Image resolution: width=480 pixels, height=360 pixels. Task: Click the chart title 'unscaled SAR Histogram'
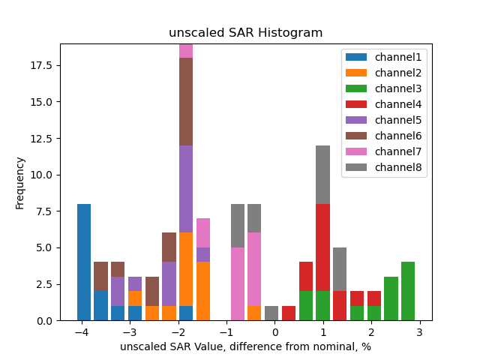pos(245,33)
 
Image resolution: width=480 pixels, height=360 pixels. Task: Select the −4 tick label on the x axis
pos(82,332)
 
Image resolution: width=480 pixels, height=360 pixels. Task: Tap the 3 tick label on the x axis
pos(420,332)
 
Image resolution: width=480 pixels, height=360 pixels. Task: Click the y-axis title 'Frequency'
pos(20,182)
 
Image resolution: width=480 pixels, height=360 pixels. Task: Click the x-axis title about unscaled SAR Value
pos(245,346)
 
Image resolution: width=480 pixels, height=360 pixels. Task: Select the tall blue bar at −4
pos(84,262)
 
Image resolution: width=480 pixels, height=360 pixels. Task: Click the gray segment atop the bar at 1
pos(323,175)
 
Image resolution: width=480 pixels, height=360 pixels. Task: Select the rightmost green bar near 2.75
pos(407,291)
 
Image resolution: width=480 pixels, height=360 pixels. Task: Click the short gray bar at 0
pos(271,313)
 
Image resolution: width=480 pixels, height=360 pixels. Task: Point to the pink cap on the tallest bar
pos(186,51)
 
